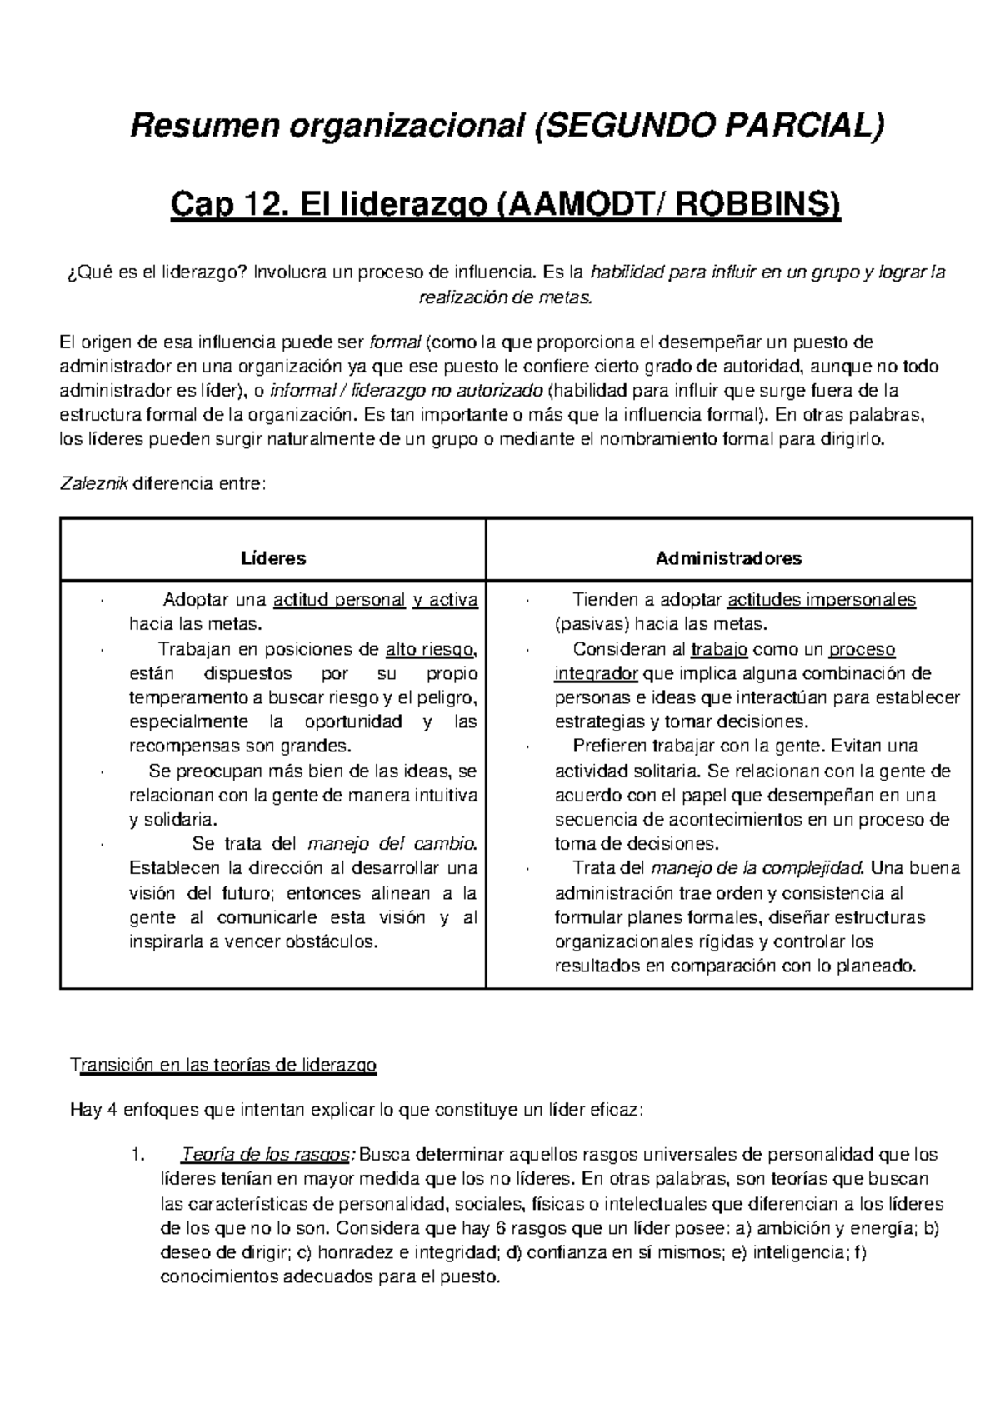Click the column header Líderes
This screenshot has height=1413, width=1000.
pyautogui.click(x=272, y=558)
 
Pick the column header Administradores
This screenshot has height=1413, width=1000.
pyautogui.click(x=728, y=558)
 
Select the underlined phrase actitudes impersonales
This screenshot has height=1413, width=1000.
pyautogui.click(x=822, y=600)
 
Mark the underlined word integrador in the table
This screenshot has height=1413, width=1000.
pyautogui.click(x=597, y=673)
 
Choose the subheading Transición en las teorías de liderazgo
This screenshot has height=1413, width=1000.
pyautogui.click(x=225, y=1065)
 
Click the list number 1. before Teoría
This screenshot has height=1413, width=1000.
pyautogui.click(x=138, y=1155)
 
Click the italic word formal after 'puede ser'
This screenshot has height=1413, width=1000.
pyautogui.click(x=395, y=342)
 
